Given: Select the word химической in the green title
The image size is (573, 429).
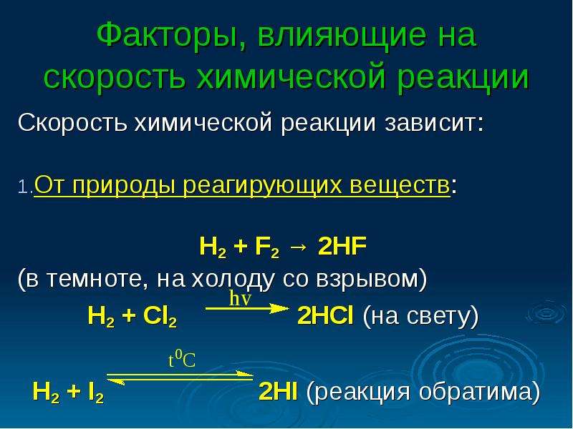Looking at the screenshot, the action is click(x=292, y=77).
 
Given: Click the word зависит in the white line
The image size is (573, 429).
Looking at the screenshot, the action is click(x=434, y=123).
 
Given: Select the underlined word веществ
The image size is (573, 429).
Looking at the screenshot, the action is click(x=400, y=185).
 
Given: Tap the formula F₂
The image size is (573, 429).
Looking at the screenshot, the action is click(x=266, y=247).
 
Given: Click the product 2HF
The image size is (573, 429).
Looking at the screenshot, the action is click(x=342, y=246).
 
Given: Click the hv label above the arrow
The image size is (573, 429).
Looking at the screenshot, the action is click(x=240, y=299).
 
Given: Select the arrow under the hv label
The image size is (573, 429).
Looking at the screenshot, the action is click(x=247, y=309).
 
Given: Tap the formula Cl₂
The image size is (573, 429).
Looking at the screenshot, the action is click(x=160, y=316).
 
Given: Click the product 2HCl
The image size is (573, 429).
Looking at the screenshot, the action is click(x=325, y=315).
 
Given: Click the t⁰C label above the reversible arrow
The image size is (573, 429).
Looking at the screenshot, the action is click(x=182, y=360).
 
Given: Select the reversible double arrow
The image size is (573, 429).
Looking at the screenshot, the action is click(x=180, y=378).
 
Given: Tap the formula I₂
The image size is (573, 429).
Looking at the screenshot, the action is click(x=96, y=393).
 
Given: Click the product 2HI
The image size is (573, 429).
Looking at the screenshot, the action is click(x=278, y=391).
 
